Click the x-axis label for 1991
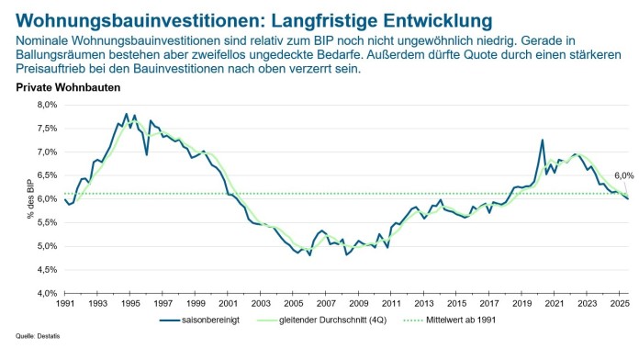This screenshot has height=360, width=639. pos(65,302)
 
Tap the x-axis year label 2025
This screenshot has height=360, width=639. pos(619,302)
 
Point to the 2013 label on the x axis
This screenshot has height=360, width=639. pos(423,302)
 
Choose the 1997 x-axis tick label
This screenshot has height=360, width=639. pos(163,302)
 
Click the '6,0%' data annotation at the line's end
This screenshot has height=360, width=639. pos(623,174)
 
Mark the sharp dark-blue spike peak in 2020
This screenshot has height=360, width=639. pos(542,141)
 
